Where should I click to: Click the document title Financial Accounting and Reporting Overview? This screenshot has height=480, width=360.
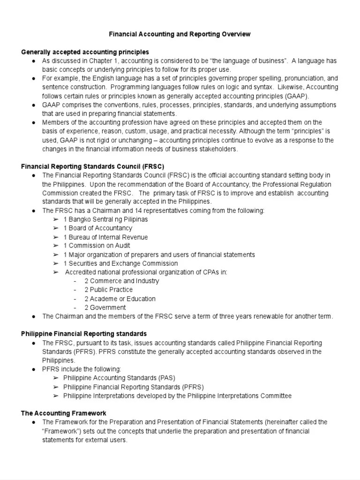point(180,34)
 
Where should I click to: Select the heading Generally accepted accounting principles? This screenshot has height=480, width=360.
point(85,52)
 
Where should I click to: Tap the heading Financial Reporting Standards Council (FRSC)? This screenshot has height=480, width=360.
point(93,166)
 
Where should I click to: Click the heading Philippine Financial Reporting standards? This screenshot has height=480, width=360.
point(84,334)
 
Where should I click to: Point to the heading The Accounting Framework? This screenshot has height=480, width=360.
point(64,413)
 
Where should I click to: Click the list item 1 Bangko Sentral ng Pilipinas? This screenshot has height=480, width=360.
point(105,219)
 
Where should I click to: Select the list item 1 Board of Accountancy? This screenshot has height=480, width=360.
point(98,228)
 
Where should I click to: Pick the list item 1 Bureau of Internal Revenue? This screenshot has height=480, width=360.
point(105,237)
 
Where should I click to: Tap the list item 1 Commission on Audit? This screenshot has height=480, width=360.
point(97,246)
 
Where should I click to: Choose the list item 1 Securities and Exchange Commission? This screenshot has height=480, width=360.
point(120,263)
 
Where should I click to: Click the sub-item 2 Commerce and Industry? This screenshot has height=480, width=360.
point(121,281)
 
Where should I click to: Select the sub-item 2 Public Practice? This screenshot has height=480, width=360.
point(108,290)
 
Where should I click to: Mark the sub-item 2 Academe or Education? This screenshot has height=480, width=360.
point(120,299)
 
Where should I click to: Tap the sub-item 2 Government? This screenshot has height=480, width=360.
point(105,307)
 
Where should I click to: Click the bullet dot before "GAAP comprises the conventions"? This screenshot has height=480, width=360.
point(34,105)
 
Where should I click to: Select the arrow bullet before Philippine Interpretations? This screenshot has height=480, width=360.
point(56,396)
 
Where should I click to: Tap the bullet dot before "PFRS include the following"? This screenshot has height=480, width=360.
point(34,369)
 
